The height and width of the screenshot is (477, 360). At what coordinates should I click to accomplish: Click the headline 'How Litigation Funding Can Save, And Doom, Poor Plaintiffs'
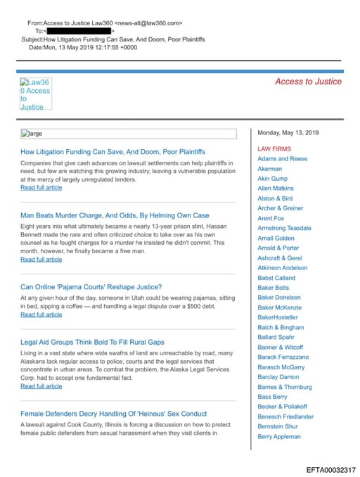click(x=112, y=151)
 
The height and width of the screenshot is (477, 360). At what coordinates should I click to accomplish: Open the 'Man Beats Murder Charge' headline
click(x=115, y=215)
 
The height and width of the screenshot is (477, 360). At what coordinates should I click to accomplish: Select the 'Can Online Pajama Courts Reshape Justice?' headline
click(x=91, y=286)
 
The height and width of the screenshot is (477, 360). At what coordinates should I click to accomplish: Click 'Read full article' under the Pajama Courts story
click(x=41, y=314)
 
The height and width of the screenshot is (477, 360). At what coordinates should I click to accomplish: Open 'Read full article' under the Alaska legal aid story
click(x=41, y=386)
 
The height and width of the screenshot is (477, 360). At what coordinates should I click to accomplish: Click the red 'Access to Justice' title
click(x=308, y=82)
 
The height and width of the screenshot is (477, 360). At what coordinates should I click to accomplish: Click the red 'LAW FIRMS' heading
click(x=274, y=149)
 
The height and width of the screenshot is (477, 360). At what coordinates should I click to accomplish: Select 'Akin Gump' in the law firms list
click(x=273, y=179)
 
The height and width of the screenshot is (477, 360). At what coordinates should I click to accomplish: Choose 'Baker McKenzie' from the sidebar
click(x=280, y=307)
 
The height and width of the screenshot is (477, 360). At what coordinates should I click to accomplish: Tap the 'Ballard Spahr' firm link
click(x=277, y=337)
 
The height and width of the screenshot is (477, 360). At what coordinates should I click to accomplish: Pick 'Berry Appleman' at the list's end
click(x=280, y=436)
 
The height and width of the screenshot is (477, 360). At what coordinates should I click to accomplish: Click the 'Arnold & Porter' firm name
click(x=278, y=248)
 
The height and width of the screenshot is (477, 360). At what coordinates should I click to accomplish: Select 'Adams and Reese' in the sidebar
click(x=282, y=159)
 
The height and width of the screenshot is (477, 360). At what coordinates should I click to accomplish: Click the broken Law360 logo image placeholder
click(x=35, y=94)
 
